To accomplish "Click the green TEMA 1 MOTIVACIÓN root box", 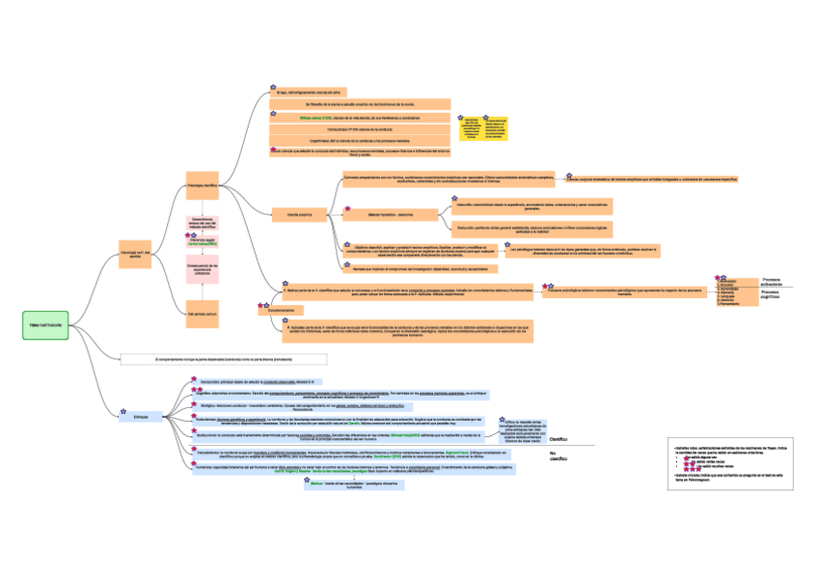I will click(x=45, y=325).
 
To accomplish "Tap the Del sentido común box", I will click(x=205, y=313).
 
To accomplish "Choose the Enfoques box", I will click(x=140, y=416).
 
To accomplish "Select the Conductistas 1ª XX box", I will click(x=357, y=128).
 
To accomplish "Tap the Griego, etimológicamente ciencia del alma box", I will click(x=357, y=92).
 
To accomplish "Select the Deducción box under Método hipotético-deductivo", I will click(x=532, y=230).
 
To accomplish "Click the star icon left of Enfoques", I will click(x=118, y=409).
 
